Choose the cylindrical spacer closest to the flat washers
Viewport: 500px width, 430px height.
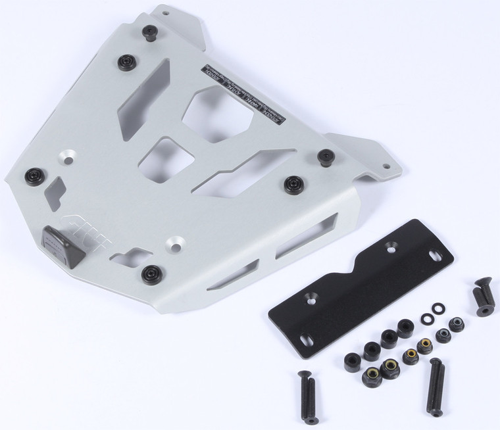coord(406,327)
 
